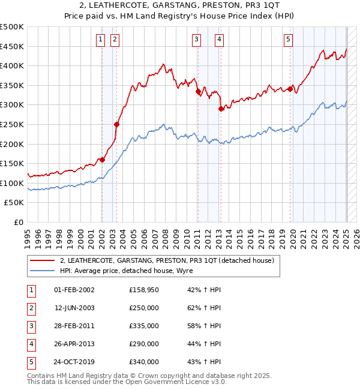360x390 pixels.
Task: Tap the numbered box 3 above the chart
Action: (x=196, y=40)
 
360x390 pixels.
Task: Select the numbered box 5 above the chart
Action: (x=289, y=40)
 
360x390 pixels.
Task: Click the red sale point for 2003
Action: (x=117, y=124)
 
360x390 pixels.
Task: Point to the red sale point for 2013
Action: (x=221, y=109)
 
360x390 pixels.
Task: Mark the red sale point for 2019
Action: (x=290, y=89)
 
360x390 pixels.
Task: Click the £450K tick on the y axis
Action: (x=12, y=47)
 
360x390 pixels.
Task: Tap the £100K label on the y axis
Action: (x=12, y=183)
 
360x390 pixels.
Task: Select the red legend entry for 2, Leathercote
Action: (x=166, y=260)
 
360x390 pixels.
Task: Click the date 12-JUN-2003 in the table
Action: (x=74, y=308)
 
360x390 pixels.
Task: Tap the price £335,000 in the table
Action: (x=144, y=326)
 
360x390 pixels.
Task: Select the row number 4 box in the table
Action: (x=30, y=344)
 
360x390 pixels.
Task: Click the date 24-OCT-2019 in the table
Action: (x=74, y=362)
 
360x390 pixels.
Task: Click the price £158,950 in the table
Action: (x=144, y=290)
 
